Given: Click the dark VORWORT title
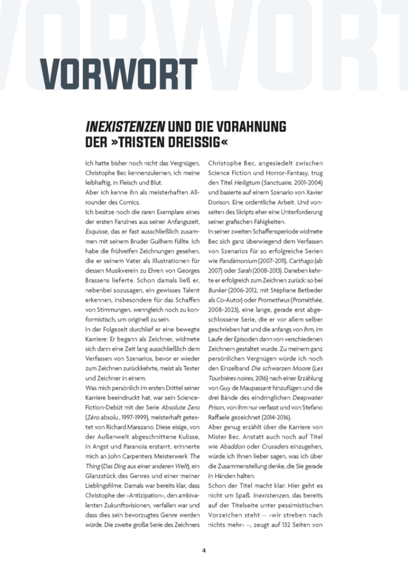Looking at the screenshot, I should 120,74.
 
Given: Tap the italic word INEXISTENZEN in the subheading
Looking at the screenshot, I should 125,126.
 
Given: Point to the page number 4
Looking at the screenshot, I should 204,550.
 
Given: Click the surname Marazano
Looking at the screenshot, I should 138,427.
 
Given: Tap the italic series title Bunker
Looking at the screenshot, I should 217,290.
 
